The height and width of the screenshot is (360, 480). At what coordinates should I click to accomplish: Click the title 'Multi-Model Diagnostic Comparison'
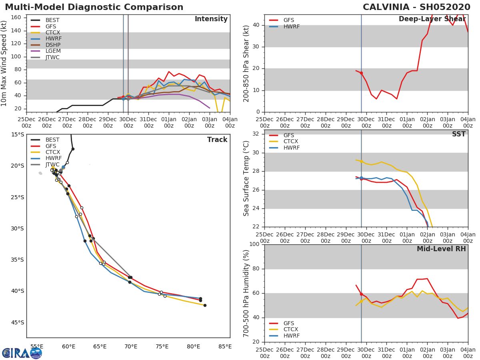tap(94, 7)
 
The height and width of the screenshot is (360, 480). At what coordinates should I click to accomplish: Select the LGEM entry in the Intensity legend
tap(53, 51)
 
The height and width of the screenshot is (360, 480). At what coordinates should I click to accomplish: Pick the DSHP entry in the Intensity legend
tap(53, 45)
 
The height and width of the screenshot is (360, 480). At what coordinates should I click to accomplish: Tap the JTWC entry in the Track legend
tap(52, 164)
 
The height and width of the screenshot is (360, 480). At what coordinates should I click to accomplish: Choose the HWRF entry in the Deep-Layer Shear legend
tap(291, 26)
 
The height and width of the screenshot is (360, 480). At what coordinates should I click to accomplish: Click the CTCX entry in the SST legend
tap(291, 142)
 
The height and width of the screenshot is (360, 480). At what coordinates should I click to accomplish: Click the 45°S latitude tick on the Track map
tap(17, 322)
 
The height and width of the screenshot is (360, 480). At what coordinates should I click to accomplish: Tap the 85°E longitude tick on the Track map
tap(225, 346)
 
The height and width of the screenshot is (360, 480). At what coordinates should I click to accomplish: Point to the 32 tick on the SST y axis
tap(256, 134)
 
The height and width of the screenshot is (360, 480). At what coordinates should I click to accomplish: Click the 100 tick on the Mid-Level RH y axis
tap(254, 244)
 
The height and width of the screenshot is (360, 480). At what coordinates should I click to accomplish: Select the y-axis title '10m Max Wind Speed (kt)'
tap(4, 63)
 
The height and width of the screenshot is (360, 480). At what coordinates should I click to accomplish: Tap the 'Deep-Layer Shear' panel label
tap(432, 19)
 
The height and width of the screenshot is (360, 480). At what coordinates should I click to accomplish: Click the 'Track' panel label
tap(217, 140)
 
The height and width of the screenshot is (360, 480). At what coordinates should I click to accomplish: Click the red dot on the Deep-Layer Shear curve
tap(361, 73)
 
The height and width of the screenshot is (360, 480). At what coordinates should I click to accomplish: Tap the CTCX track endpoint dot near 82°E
tap(205, 305)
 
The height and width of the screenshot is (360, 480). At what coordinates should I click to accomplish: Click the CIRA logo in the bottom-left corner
tap(22, 353)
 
